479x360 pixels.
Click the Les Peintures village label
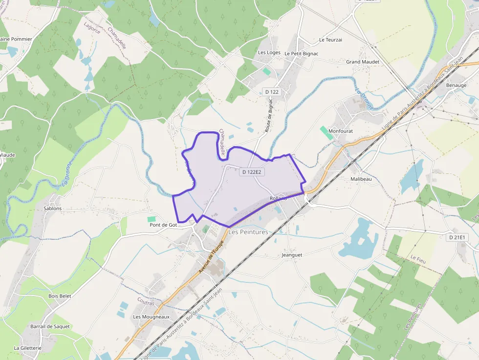[x=248, y=232]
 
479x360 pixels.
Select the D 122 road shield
[x=271, y=92]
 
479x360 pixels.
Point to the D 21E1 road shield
[x=458, y=237]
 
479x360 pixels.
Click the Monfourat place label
[x=341, y=131]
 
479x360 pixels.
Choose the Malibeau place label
[x=361, y=179]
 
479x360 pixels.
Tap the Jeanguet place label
[x=292, y=255]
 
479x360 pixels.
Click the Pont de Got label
[x=163, y=225]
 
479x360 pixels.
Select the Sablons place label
[x=53, y=209]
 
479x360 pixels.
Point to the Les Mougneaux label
[x=151, y=317]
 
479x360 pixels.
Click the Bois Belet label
[x=60, y=296]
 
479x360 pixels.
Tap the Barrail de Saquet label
[x=50, y=326]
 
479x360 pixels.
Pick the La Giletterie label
[x=28, y=348]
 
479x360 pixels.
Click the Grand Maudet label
[x=363, y=62]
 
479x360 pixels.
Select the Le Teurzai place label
[x=330, y=40]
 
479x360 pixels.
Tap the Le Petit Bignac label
[x=302, y=53]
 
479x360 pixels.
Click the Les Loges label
[x=269, y=53]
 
